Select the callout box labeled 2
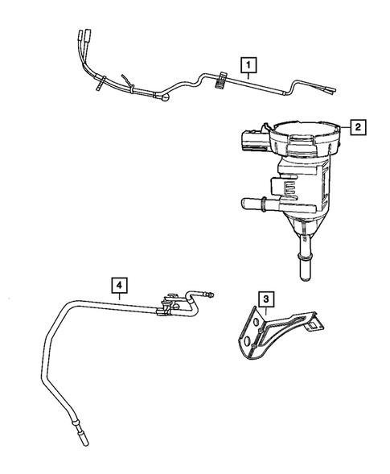pyautogui.click(x=357, y=126)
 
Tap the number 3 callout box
pyautogui.click(x=263, y=300)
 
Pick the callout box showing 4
pyautogui.click(x=118, y=284)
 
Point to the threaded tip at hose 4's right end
pyautogui.click(x=212, y=295)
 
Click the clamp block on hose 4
pyautogui.click(x=170, y=303)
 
